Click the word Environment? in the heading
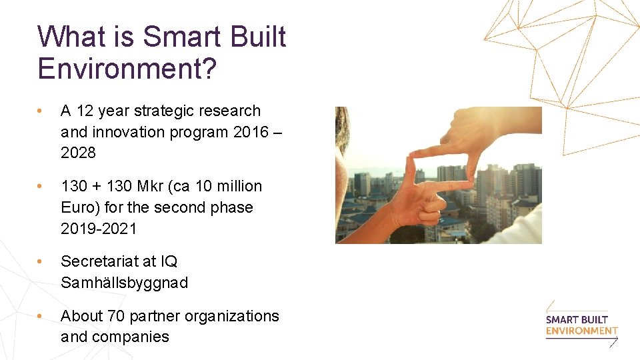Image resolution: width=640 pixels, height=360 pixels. (127, 69)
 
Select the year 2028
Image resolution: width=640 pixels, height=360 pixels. (78, 153)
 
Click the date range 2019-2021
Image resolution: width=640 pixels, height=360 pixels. (99, 229)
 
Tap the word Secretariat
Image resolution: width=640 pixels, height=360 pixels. (100, 261)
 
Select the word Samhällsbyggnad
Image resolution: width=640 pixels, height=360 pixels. (124, 283)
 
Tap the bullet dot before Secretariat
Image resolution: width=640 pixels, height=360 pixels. (41, 261)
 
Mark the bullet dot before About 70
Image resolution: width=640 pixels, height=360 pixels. (41, 316)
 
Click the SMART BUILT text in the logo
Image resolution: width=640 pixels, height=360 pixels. (577, 319)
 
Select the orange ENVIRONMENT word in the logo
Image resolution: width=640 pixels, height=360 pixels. (581, 331)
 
